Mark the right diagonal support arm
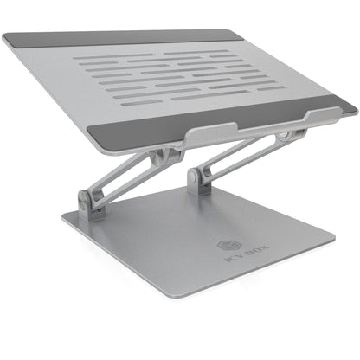[238, 157]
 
